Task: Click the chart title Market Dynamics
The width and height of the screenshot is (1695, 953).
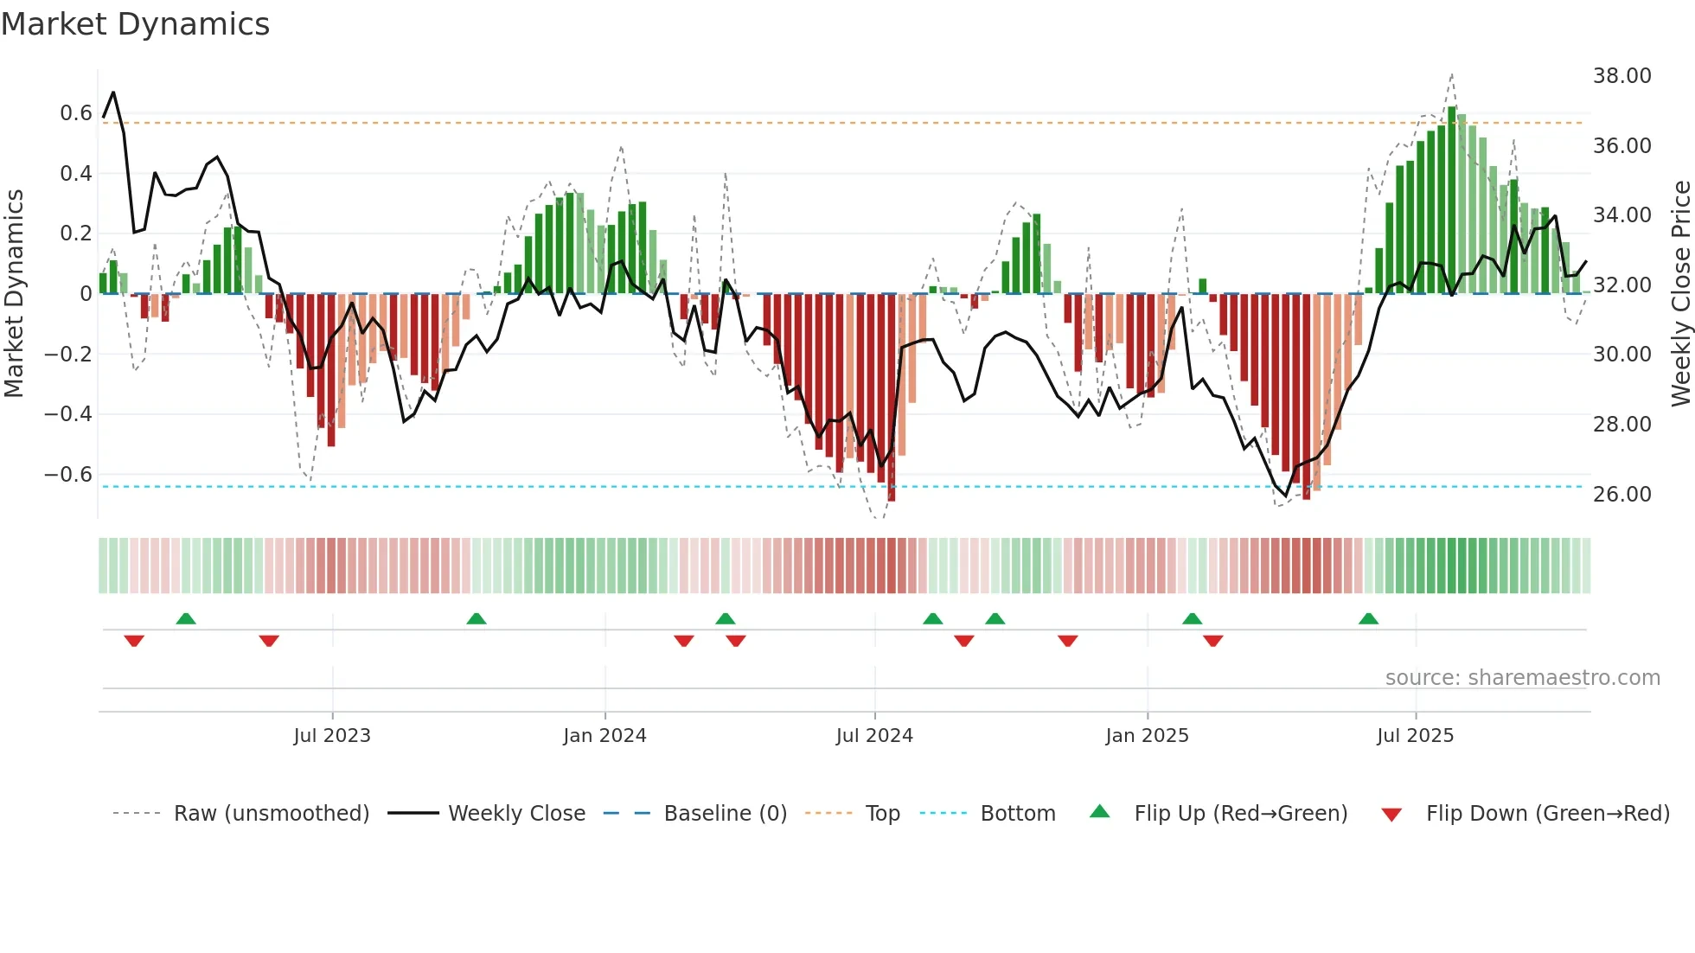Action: click(x=136, y=24)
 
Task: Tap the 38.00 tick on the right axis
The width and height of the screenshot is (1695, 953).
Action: click(x=1621, y=76)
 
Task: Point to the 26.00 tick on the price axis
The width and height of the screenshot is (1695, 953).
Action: click(x=1621, y=494)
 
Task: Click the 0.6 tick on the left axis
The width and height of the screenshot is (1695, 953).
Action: click(x=75, y=113)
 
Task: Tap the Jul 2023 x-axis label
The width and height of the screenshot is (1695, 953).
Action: click(x=332, y=736)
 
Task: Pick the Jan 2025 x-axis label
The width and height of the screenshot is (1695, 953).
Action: click(x=1147, y=736)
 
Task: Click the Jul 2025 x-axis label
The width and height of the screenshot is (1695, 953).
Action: click(x=1415, y=736)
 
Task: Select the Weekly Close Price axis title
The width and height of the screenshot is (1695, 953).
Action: click(x=1680, y=294)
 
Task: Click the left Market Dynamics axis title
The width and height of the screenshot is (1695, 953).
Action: click(x=14, y=294)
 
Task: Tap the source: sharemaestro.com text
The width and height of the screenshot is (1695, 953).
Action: click(x=1522, y=678)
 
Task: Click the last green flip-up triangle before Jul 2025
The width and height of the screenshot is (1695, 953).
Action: click(x=1368, y=619)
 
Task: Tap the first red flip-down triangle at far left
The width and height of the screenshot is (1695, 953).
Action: click(x=134, y=641)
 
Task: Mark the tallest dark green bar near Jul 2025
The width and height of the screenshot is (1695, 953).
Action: click(x=1452, y=199)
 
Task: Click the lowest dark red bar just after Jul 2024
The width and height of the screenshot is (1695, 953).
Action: click(x=892, y=398)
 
